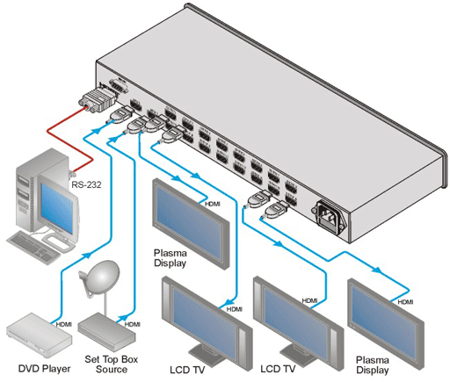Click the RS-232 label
point(86,184)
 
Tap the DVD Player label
point(45,369)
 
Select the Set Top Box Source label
point(112,364)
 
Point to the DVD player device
point(40,335)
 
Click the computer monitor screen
point(57,209)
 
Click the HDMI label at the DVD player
point(64,324)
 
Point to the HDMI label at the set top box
point(133,324)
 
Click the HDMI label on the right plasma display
point(405,302)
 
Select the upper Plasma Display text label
point(170,258)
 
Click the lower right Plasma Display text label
point(373,365)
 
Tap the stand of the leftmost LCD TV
point(210,355)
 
